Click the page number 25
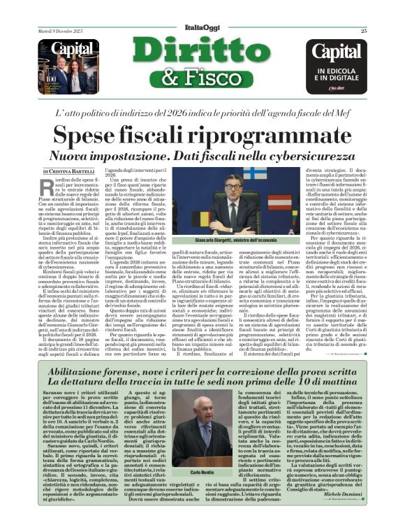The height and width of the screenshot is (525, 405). (364, 30)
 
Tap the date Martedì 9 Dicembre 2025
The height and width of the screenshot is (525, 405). (60, 30)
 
